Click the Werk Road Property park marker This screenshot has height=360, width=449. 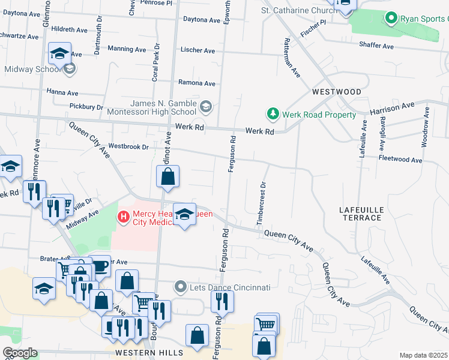(x=273, y=114)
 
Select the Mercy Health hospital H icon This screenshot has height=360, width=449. (x=124, y=216)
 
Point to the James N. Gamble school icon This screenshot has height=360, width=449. (x=206, y=107)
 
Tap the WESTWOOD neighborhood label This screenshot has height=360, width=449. (x=337, y=92)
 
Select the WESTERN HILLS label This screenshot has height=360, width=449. (x=140, y=353)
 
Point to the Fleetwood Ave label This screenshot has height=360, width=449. (x=400, y=160)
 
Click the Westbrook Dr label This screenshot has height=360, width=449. (x=128, y=146)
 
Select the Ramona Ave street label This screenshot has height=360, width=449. (x=196, y=83)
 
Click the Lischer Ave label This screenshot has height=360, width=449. (x=197, y=51)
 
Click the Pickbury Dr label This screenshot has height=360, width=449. (x=86, y=107)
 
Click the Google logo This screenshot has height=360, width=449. (x=20, y=353)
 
